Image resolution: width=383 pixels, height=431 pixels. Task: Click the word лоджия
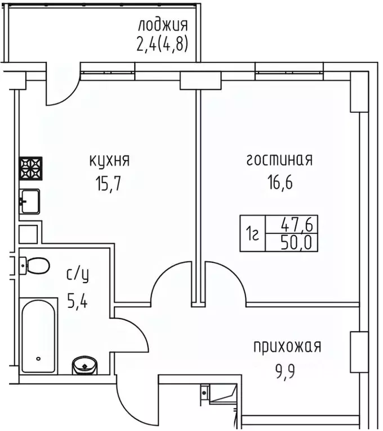[163, 25]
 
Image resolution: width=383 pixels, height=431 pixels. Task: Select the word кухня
[110, 161]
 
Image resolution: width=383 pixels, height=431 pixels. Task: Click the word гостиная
[279, 161]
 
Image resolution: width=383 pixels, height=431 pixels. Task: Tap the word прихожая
[287, 347]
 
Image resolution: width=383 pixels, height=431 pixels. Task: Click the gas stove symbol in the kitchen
[31, 168]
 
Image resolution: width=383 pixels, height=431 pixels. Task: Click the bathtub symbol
[38, 336]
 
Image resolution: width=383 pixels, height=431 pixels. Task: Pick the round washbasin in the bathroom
[84, 366]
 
